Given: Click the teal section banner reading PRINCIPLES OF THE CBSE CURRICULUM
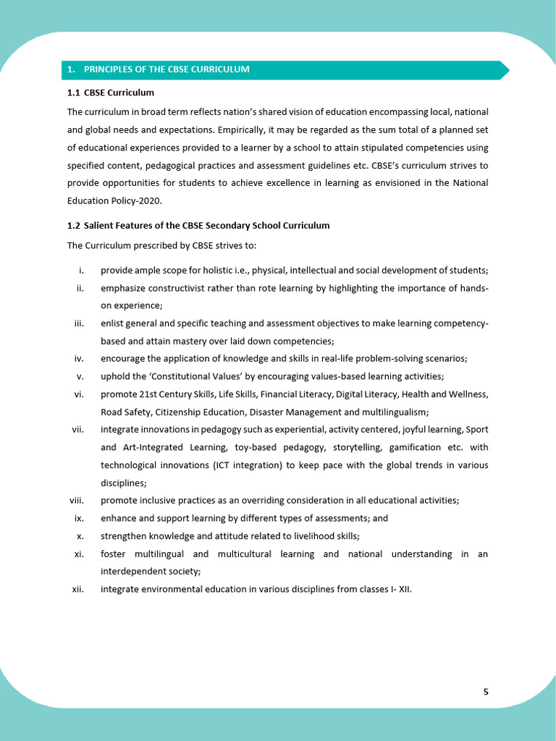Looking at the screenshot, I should pos(282,69).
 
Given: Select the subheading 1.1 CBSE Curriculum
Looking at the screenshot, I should pos(111,93).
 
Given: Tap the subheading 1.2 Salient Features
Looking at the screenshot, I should pos(198,226).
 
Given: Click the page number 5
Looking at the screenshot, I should pos(486,692).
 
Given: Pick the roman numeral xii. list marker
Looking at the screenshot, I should pos(78,589).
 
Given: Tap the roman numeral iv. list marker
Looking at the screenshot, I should pos(80,358).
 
